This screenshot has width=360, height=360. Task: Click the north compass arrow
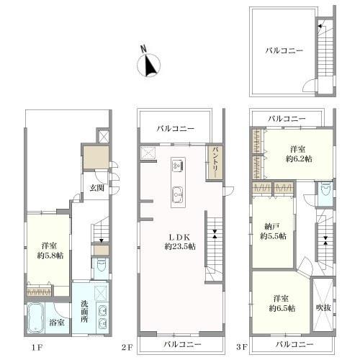[x=150, y=66]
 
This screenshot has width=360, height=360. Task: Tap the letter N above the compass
[x=143, y=49]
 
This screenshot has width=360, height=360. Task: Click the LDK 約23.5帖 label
[x=180, y=242]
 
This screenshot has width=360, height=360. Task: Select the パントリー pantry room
[x=215, y=162]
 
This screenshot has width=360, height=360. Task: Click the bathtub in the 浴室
[x=36, y=318]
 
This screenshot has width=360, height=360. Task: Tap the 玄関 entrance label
[x=97, y=188]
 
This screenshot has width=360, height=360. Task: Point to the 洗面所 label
[x=84, y=311]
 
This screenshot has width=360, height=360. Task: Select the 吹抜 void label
[x=323, y=307]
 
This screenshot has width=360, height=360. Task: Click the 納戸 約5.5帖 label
[x=273, y=231]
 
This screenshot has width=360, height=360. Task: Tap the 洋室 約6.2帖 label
[x=299, y=154]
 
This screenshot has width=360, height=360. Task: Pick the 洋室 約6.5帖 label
[x=282, y=303]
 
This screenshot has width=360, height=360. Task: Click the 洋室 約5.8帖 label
[x=50, y=251]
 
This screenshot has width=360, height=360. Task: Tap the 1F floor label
[x=37, y=347]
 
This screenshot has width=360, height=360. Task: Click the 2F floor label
[x=127, y=347]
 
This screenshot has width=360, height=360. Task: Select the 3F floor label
[x=241, y=347]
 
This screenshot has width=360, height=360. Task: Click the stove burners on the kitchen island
[x=179, y=165]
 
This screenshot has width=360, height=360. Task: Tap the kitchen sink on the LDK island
[x=178, y=194]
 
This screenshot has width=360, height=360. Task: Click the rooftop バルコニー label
[x=284, y=50]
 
